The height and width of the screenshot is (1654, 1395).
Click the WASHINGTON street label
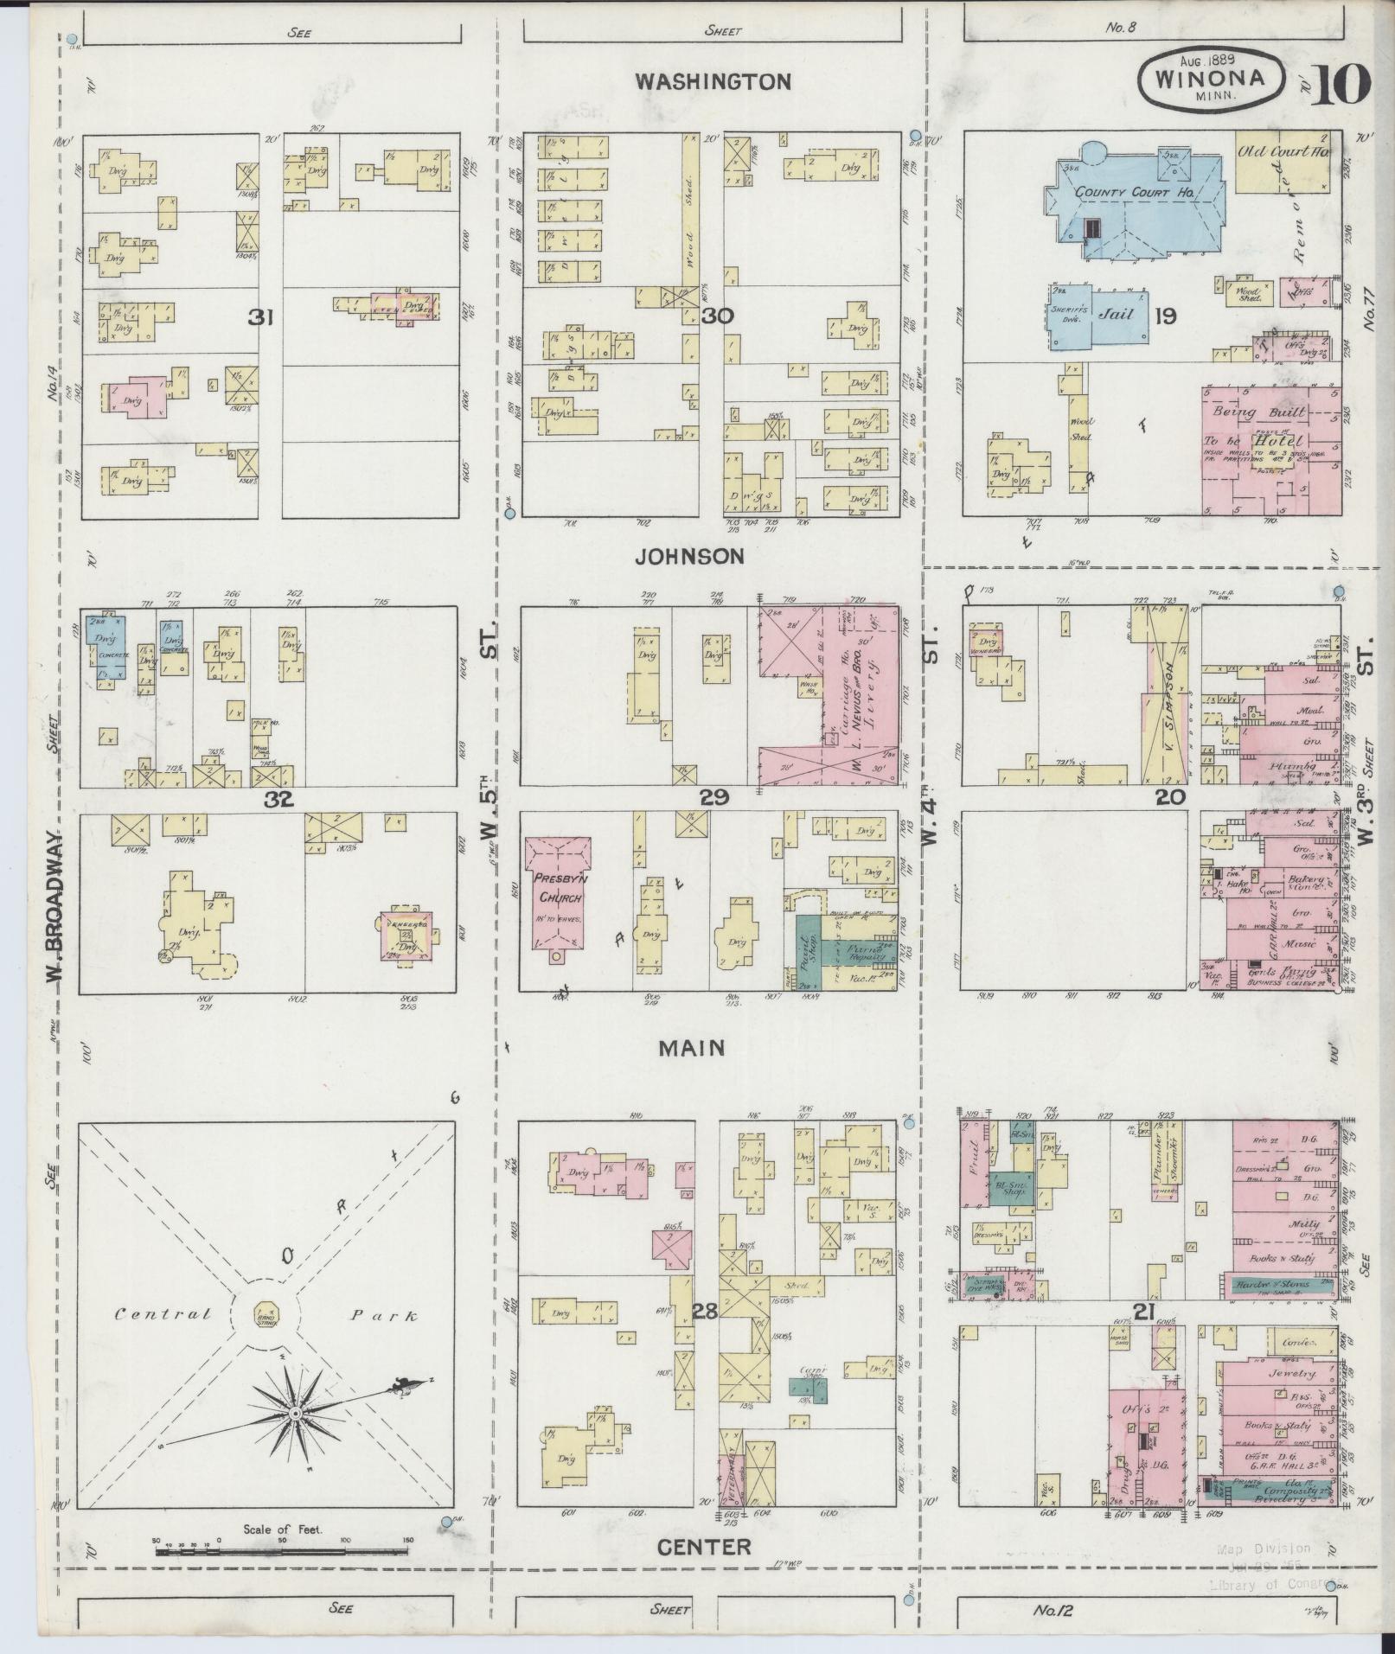pos(713,82)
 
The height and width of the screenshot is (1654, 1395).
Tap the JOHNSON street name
pos(688,557)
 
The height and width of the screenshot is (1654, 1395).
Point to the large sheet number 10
pos(1342,84)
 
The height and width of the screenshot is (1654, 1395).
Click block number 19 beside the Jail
pos(1165,316)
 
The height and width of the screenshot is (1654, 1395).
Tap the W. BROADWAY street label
pos(54,908)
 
